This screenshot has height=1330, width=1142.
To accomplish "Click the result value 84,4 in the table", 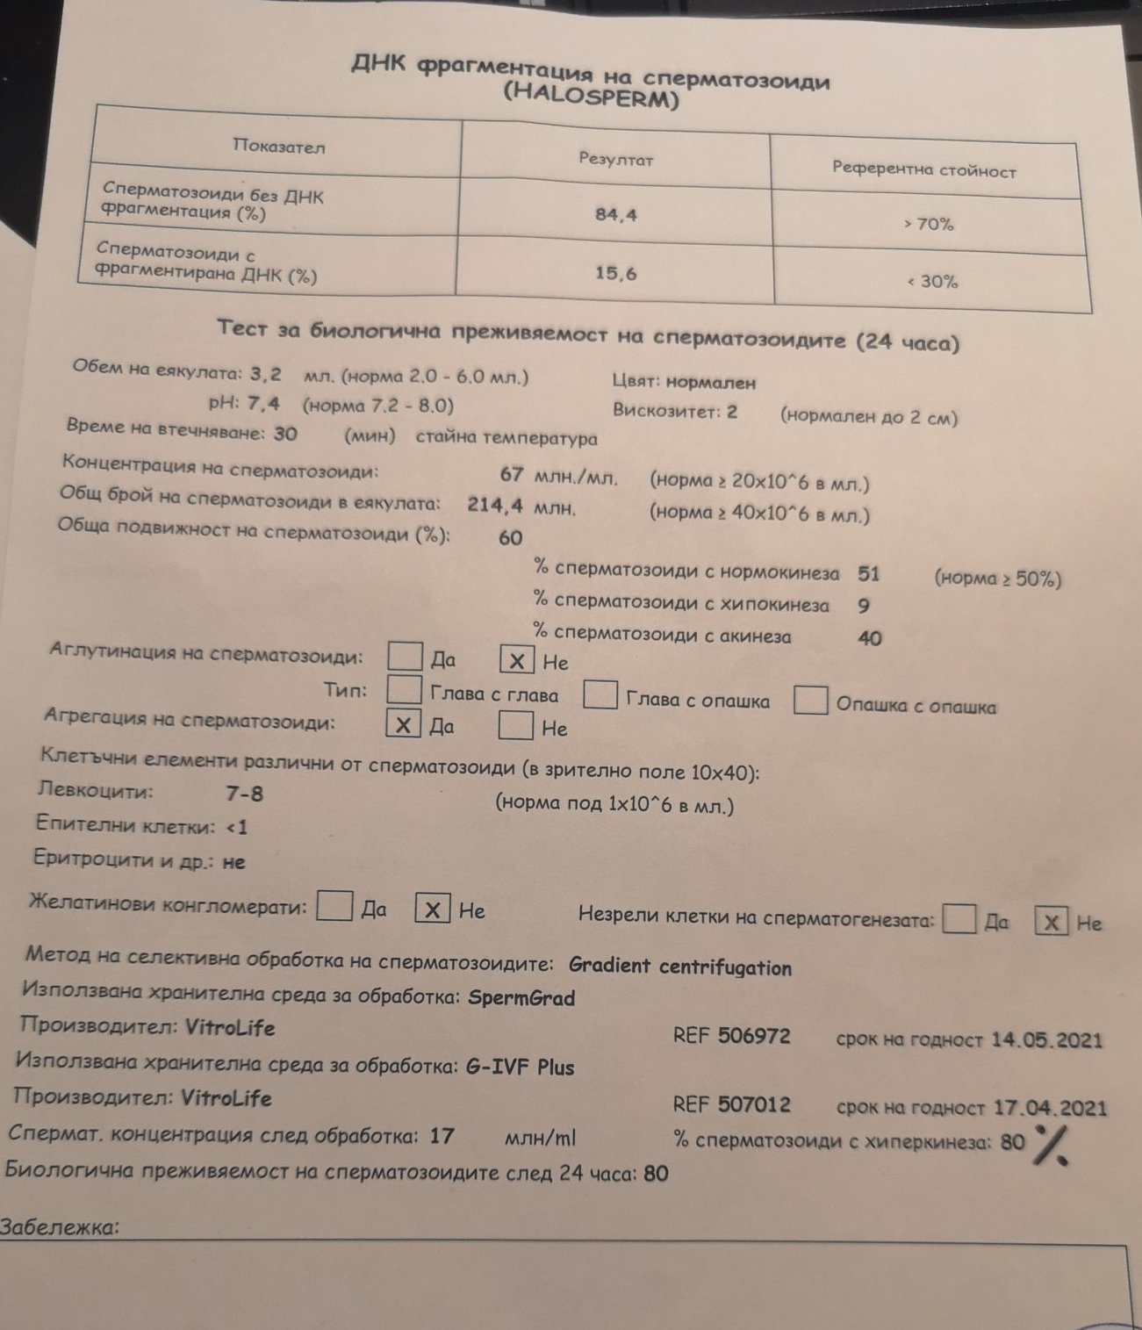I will [615, 214].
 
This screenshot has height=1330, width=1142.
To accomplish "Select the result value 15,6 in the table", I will [615, 273].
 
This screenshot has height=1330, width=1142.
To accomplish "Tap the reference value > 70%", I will [929, 224].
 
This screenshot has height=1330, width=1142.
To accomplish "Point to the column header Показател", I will [278, 147].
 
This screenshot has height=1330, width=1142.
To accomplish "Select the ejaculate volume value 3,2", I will [265, 374].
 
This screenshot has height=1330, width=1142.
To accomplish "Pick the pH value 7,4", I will [263, 404].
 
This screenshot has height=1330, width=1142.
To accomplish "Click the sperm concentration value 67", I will [512, 474].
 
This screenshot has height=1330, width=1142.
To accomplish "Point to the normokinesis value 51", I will [868, 574].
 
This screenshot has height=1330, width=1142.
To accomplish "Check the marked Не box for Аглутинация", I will [517, 661].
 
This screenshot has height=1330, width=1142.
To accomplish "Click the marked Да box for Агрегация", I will [403, 725].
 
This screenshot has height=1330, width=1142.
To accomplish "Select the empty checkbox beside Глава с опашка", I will [600, 695].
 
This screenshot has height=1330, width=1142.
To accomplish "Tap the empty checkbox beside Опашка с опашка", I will [810, 701].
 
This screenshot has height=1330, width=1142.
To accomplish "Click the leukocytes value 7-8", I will [244, 794].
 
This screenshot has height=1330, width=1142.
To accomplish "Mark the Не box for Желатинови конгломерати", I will [433, 909].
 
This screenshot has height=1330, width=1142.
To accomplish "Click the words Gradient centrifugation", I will [680, 967].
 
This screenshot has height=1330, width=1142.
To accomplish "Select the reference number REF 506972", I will [731, 1036].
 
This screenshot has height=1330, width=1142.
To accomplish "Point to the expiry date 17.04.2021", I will [1050, 1107].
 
